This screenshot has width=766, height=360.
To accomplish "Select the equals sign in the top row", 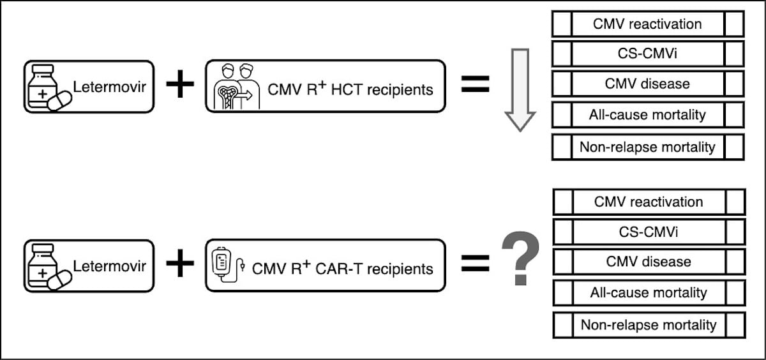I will (475, 86).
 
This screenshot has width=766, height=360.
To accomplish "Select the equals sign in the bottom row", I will (475, 264).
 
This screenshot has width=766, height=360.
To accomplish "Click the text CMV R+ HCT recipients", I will (350, 88).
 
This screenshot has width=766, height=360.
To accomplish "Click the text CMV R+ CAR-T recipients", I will (343, 267).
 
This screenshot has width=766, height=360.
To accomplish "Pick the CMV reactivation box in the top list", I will (647, 24).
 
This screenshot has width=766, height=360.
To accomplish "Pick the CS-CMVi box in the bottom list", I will (649, 232).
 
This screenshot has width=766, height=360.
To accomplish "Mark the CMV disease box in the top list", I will (647, 84).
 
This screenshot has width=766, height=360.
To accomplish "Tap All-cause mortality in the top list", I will (647, 116).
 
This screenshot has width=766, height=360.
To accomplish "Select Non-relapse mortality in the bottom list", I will (649, 324).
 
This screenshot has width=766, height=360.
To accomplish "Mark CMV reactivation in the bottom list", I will (649, 202).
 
